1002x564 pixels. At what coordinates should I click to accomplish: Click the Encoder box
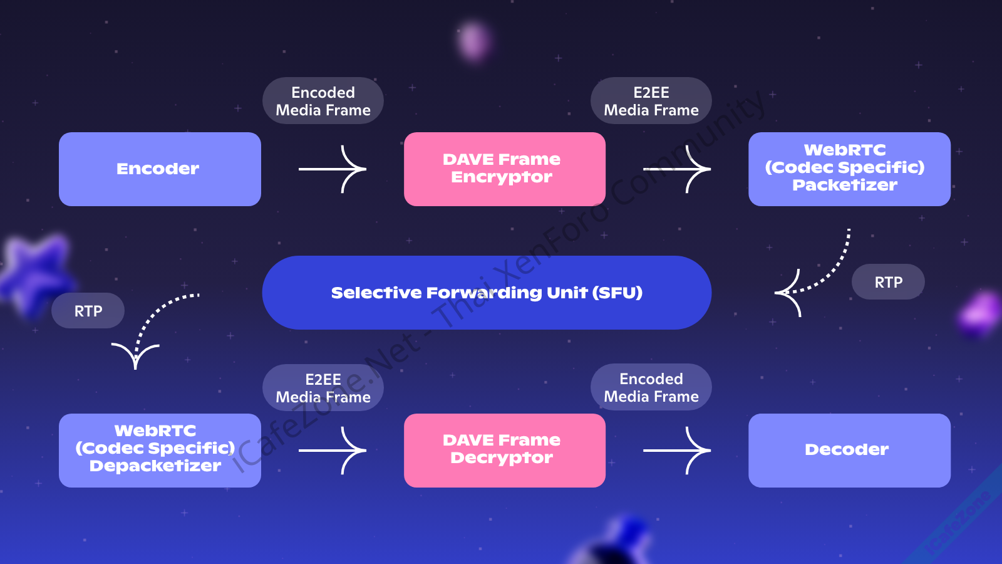pos(160,169)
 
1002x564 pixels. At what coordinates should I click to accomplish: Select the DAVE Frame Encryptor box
pos(505,169)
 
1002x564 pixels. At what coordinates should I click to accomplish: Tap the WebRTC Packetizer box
pos(849,169)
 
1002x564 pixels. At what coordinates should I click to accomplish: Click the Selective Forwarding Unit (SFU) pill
pos(487,293)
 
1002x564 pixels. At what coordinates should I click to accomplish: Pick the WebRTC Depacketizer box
pos(160,450)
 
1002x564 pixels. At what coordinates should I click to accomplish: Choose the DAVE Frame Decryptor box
pos(505,450)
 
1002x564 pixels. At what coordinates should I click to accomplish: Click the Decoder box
pos(849,450)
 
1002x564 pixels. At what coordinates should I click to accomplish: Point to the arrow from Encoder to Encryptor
pos(333,169)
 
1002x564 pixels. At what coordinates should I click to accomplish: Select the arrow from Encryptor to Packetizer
pos(677,169)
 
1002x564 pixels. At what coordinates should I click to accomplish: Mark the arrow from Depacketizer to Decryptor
pos(333,450)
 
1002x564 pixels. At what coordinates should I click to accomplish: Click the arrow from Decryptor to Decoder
pos(677,450)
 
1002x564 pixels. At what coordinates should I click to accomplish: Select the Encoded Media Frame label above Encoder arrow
pos(323,101)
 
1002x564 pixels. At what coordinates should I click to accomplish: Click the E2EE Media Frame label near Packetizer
pos(651,101)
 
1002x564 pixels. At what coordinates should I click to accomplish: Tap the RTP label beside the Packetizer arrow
pos(888,282)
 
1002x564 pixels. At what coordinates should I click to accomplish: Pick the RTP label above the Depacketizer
pos(88,311)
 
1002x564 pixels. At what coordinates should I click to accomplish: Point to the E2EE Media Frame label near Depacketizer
pos(323,388)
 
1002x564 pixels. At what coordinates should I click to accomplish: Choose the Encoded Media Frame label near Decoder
pos(651,387)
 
